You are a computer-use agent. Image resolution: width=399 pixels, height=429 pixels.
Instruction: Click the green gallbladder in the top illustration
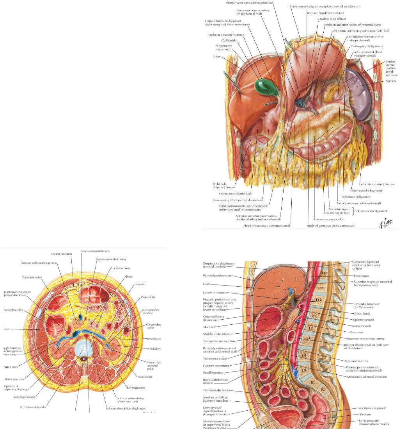point(264,85)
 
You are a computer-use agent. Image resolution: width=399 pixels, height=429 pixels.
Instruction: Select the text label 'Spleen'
point(390,81)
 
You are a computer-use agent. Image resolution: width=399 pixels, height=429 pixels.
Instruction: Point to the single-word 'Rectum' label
point(365,414)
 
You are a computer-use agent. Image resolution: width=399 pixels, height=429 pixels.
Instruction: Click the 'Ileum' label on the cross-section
point(129,276)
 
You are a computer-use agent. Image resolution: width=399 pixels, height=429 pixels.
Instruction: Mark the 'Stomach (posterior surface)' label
point(322,13)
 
